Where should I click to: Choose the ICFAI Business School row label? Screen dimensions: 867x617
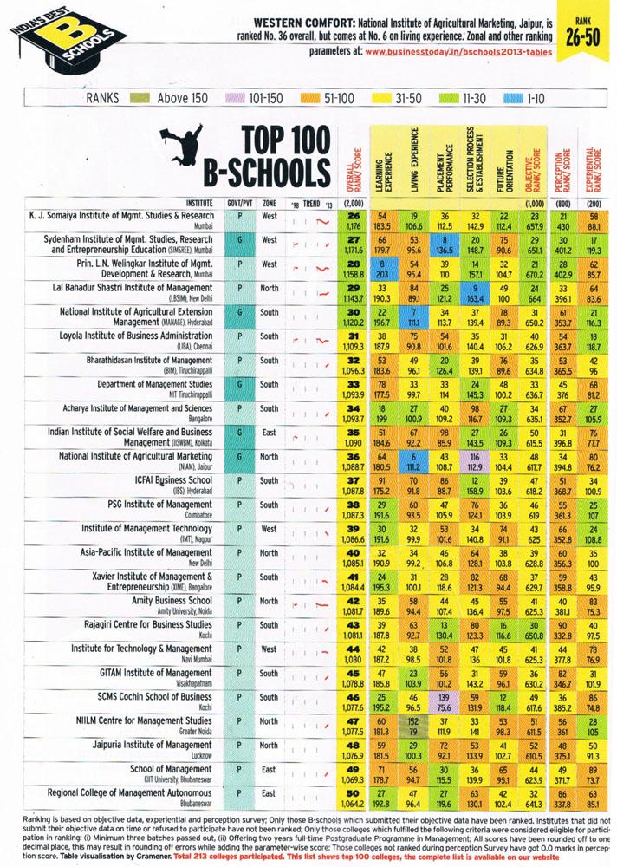tap(153, 483)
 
